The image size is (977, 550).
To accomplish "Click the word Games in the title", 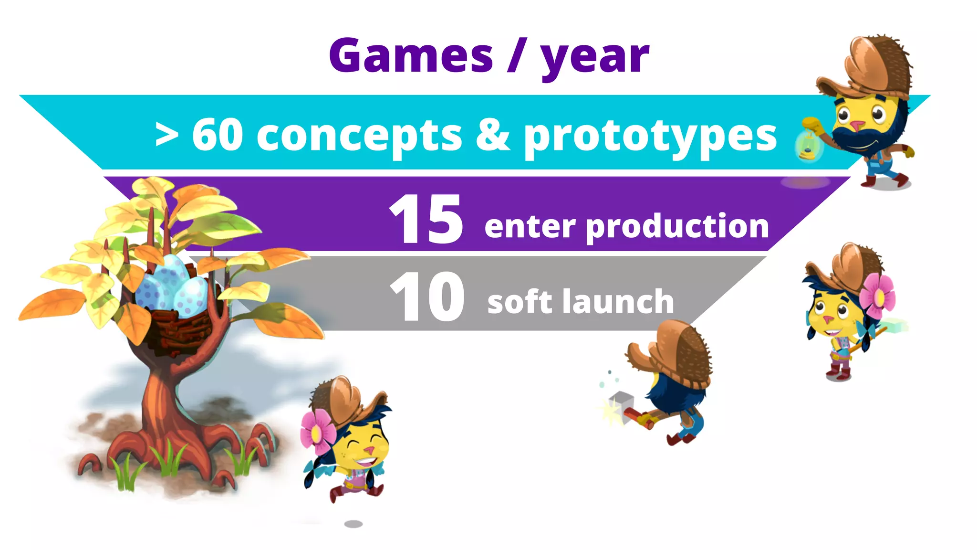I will (x=411, y=56).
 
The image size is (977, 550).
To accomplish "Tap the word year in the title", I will (x=594, y=58).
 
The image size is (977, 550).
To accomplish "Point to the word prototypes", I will (x=650, y=137).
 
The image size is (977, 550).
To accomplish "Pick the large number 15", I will (x=426, y=219).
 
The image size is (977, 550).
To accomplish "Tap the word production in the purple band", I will (x=677, y=227).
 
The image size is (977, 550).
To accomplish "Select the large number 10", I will (x=427, y=297).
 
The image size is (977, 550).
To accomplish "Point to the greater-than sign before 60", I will (x=167, y=135).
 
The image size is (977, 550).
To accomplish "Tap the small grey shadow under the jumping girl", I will (x=353, y=524).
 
